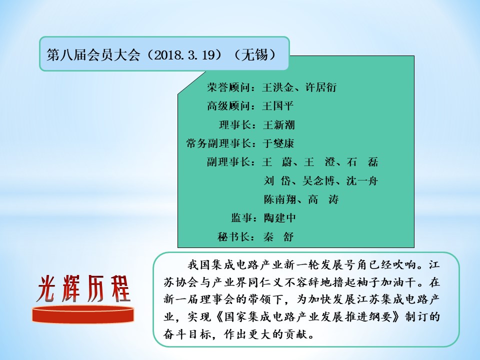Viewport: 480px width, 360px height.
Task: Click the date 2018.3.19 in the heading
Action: click(x=183, y=55)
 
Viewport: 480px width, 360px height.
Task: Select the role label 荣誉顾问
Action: click(x=228, y=87)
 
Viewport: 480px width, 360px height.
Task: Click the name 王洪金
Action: click(x=278, y=87)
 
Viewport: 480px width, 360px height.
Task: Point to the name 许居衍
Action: click(x=321, y=87)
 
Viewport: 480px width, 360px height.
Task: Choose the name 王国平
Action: click(x=278, y=106)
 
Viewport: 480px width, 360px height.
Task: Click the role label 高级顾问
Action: click(x=228, y=106)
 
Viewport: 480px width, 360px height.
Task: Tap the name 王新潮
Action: click(x=279, y=124)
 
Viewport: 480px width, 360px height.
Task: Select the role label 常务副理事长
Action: click(x=218, y=143)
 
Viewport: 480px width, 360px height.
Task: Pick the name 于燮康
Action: click(x=278, y=143)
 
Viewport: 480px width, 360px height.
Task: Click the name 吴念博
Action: click(x=318, y=181)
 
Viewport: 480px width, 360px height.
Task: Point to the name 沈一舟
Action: click(x=362, y=181)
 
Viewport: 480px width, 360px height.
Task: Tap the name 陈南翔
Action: click(x=280, y=199)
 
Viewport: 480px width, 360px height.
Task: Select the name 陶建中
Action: click(x=280, y=218)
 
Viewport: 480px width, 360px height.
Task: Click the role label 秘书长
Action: click(x=233, y=236)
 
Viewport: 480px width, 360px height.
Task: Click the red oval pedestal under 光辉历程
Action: click(x=83, y=314)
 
